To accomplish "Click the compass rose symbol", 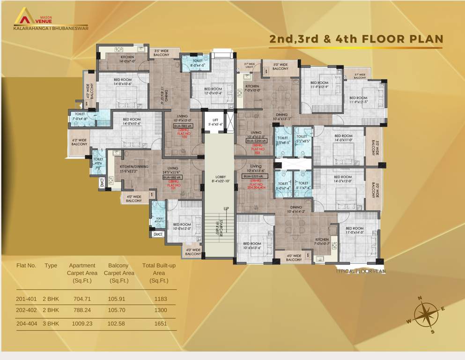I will pos(426,315).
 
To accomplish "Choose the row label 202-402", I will pos(26,310).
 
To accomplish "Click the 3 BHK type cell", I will pos(52,323).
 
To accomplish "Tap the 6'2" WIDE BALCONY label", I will pos(79,142).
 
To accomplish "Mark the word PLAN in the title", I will pos(421,39).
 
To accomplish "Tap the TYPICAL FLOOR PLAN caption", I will pos(361,271).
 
